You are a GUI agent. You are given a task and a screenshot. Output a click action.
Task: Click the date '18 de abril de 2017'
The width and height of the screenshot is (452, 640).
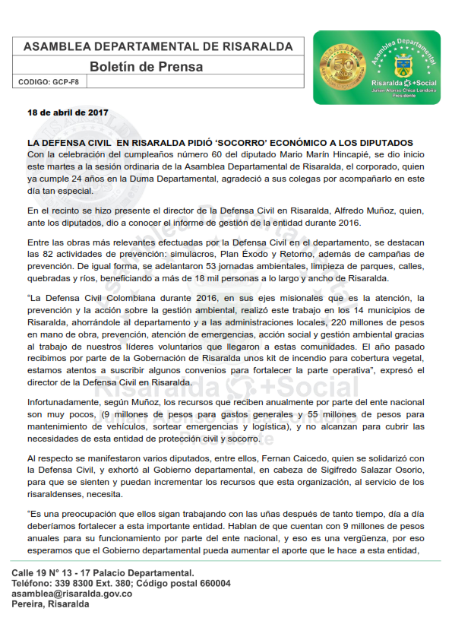point(68,112)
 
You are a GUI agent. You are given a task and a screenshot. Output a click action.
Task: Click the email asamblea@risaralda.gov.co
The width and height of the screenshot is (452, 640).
point(72,594)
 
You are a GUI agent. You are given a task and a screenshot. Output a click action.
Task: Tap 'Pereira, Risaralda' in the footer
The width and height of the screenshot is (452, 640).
point(51,604)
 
